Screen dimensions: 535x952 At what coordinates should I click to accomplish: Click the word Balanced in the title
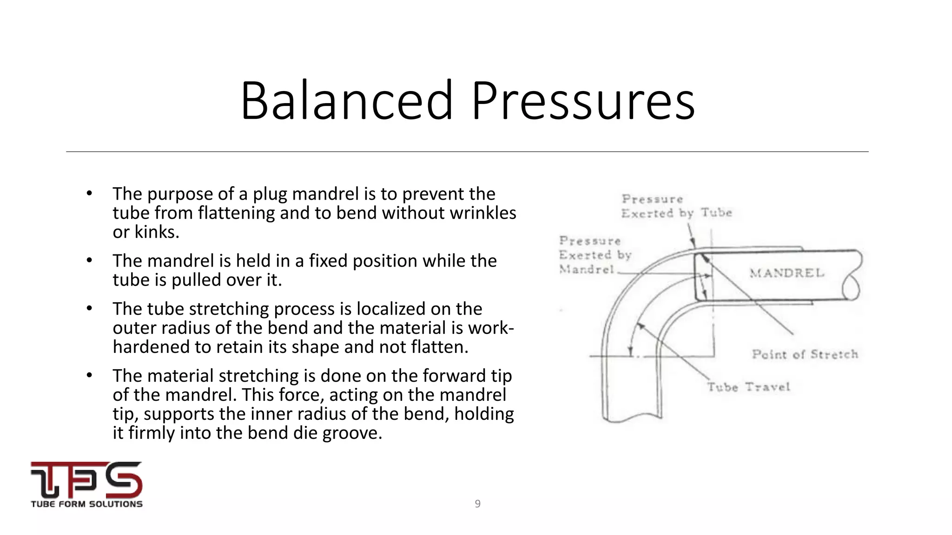346,101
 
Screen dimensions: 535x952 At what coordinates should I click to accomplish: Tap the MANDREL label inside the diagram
787,273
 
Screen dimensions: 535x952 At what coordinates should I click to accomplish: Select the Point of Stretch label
805,354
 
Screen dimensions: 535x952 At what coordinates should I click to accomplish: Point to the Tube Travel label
748,387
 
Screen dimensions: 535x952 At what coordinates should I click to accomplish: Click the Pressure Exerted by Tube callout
676,206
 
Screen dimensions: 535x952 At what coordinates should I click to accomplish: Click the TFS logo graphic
86,479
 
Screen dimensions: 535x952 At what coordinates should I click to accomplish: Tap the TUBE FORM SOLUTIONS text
86,504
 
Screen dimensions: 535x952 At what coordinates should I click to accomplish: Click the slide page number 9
477,504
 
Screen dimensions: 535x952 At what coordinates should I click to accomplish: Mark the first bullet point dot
90,193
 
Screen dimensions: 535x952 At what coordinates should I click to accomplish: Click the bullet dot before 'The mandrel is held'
90,260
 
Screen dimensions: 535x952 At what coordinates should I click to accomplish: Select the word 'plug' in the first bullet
270,194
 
